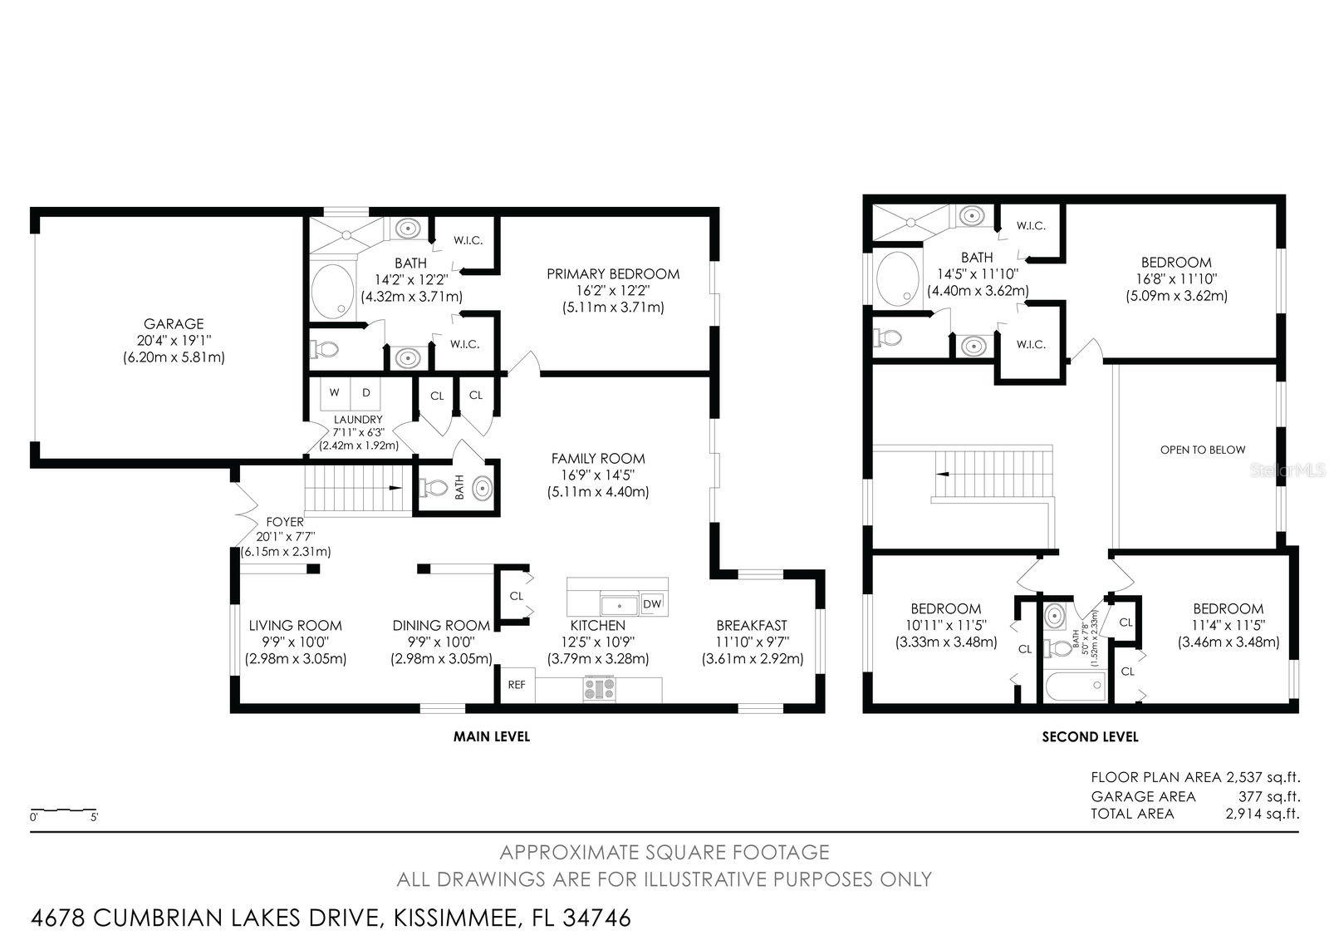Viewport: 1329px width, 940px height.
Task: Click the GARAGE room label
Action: (x=173, y=324)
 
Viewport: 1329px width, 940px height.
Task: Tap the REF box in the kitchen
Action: (x=517, y=685)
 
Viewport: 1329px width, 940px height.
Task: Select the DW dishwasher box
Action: (x=652, y=604)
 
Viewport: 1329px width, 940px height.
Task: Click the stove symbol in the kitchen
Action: (x=600, y=690)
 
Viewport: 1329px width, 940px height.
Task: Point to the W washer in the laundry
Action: (x=335, y=392)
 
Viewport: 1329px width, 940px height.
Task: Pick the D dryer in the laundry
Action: (x=365, y=392)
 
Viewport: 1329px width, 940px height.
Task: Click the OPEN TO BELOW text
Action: (x=1203, y=450)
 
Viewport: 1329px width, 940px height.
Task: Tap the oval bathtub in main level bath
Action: (x=333, y=291)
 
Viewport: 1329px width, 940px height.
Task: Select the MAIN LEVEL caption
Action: (x=491, y=736)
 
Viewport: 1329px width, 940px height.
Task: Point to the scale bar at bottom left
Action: (x=63, y=810)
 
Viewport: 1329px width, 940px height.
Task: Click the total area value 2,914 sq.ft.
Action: (x=1262, y=814)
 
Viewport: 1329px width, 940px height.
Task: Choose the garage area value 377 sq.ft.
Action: (x=1268, y=796)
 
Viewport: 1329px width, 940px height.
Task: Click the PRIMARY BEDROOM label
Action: (x=613, y=274)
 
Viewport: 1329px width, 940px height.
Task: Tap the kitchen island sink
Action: (x=619, y=604)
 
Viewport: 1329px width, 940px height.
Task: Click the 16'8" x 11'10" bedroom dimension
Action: (x=1176, y=279)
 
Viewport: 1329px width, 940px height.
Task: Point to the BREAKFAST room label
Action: (x=752, y=626)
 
